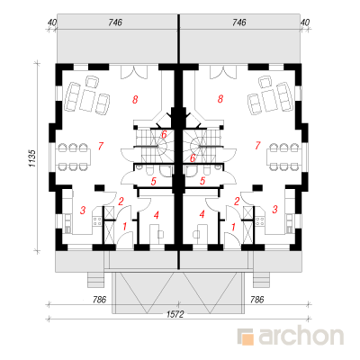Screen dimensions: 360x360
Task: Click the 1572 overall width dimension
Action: point(175,314)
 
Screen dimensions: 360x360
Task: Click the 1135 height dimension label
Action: point(32,158)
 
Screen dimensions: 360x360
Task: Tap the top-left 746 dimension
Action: point(115,22)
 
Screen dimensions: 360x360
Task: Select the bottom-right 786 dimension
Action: point(256,300)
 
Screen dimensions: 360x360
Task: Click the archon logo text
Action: point(301,336)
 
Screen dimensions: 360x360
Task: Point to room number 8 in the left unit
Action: point(135,99)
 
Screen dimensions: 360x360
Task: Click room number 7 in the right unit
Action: point(257,146)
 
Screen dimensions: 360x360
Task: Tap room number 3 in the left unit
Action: point(83,210)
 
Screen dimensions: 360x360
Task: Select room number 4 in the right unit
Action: point(202,214)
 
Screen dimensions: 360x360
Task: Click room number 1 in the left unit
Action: point(125,227)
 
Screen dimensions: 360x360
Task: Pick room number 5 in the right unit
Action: point(202,181)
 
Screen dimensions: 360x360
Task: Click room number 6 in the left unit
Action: point(164,135)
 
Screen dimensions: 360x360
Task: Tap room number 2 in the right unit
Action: point(237,202)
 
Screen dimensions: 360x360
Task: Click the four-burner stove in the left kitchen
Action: point(97,221)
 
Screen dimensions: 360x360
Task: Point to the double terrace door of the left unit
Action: point(134,72)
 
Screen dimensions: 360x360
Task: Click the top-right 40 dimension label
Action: point(305,22)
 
